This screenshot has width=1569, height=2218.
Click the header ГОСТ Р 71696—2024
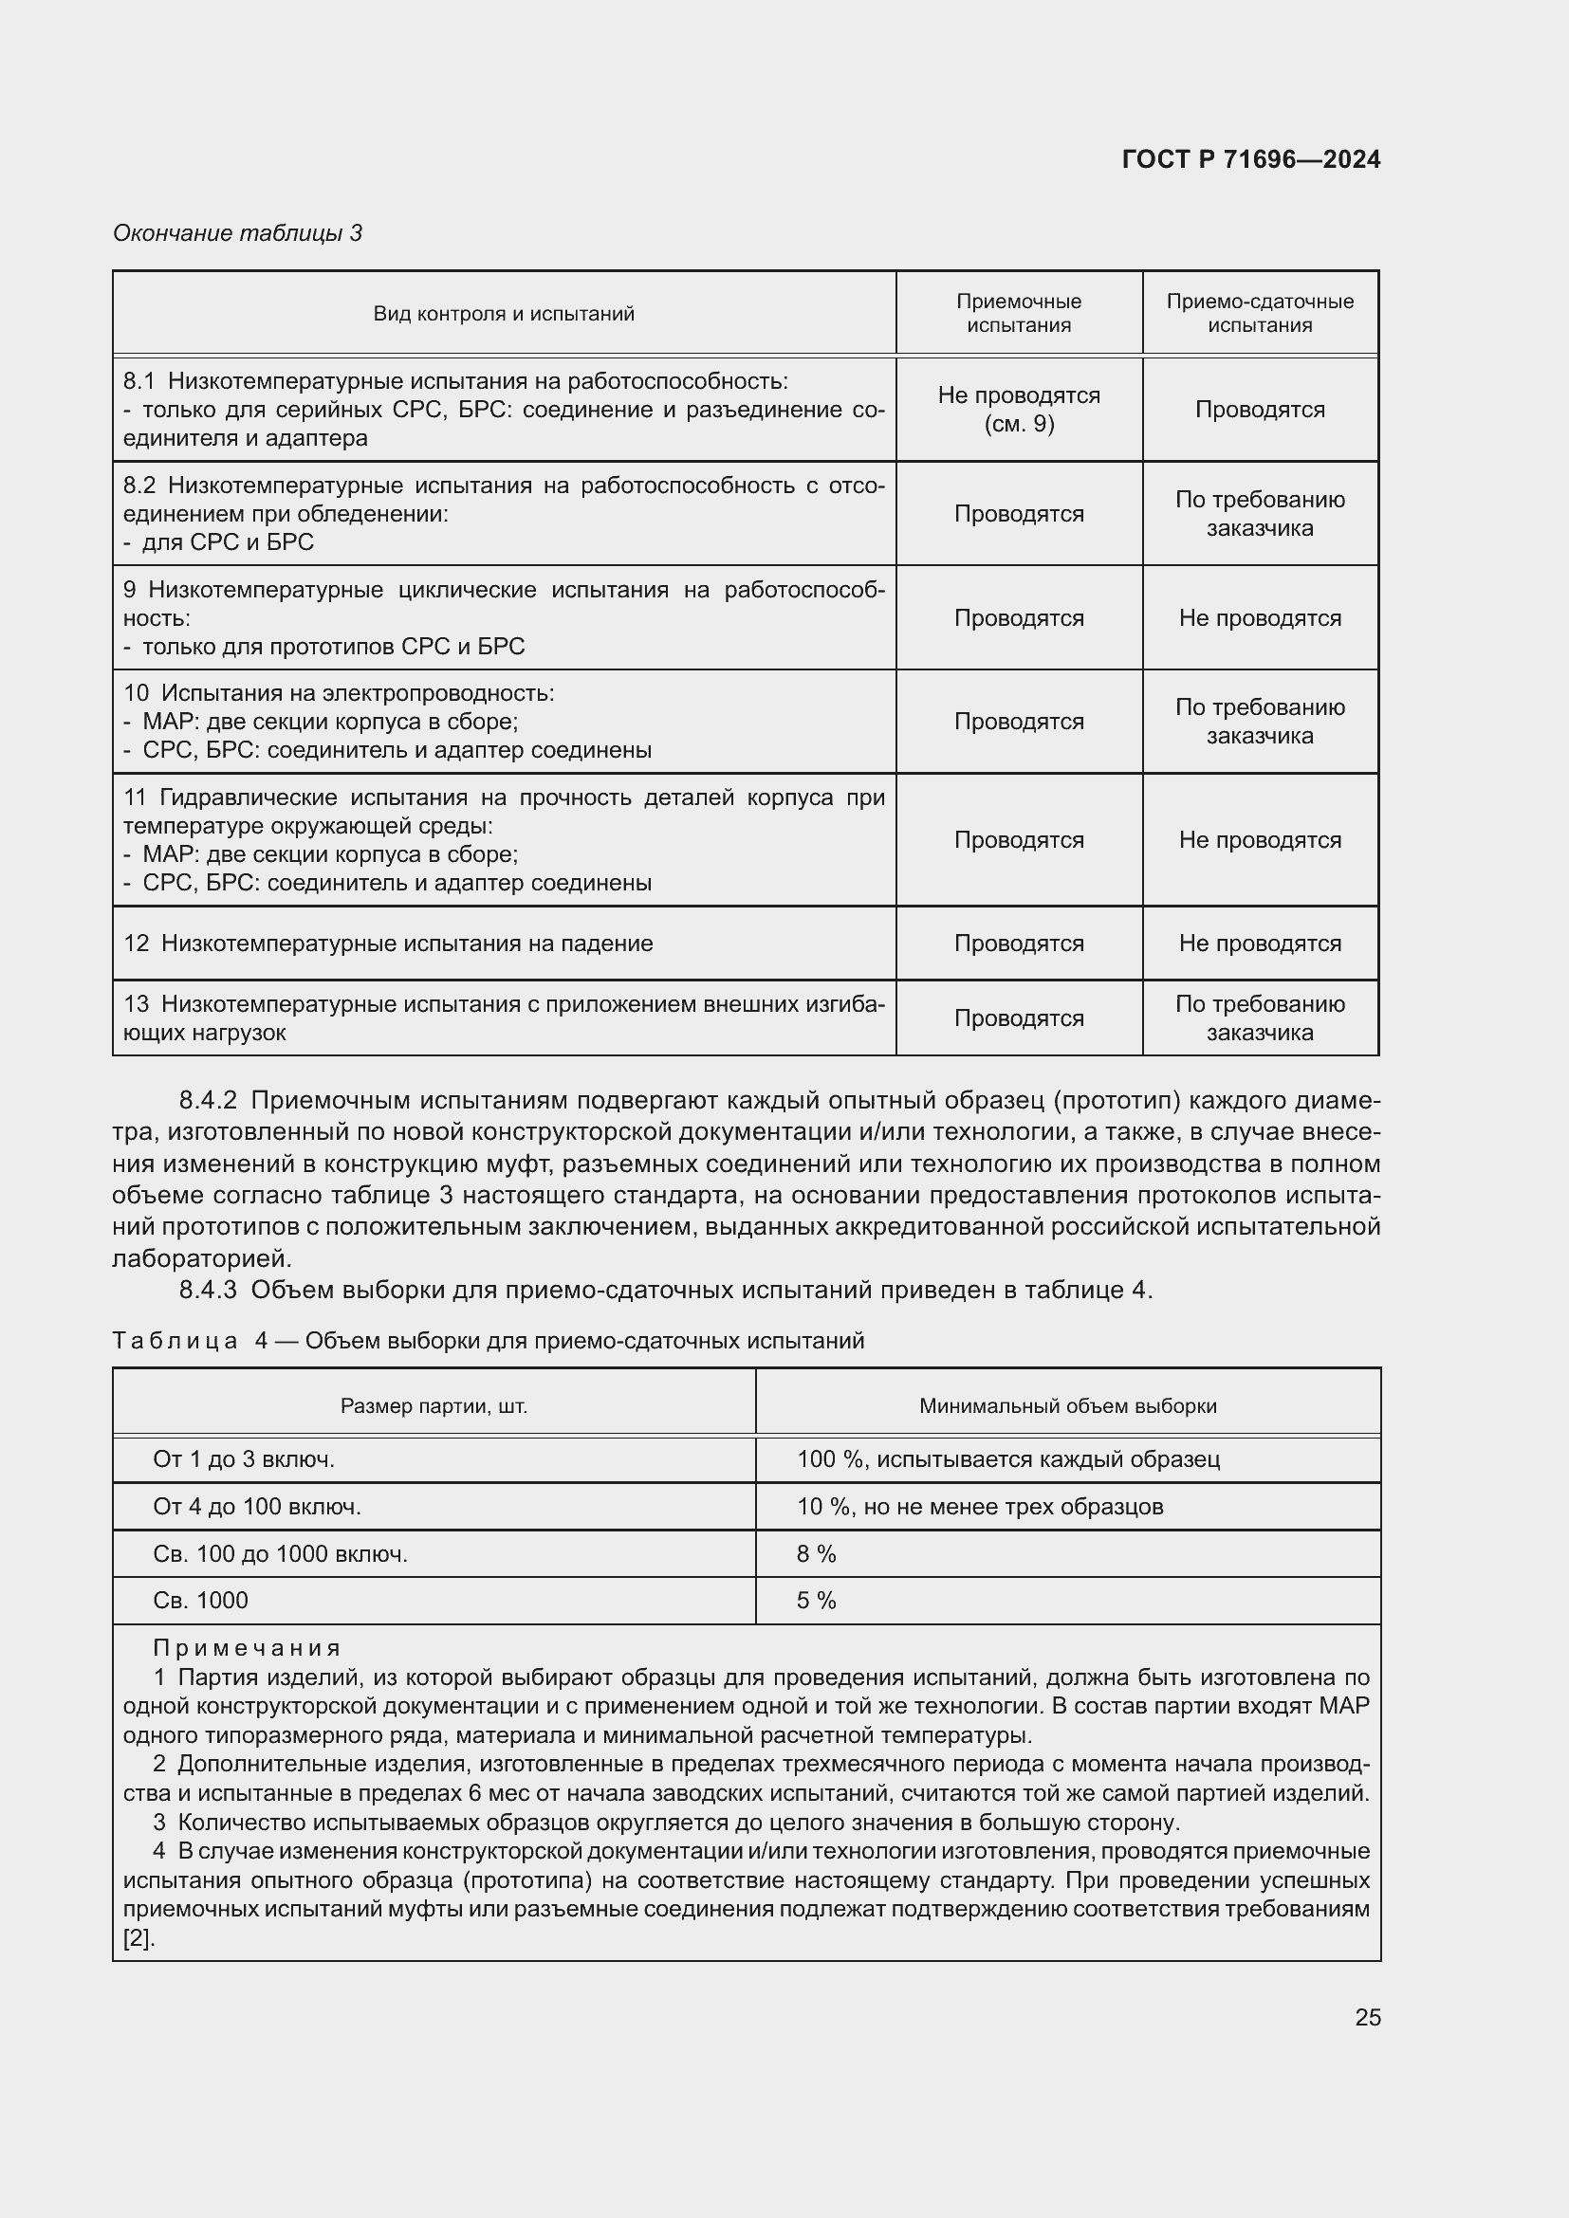[x=1250, y=159]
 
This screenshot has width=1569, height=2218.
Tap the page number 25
[x=1367, y=2017]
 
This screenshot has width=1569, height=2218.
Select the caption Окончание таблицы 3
[x=238, y=233]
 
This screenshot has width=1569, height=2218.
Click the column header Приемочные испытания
[x=1018, y=313]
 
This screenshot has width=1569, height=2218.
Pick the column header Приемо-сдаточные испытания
[x=1259, y=313]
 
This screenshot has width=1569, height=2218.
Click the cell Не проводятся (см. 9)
[x=1018, y=410]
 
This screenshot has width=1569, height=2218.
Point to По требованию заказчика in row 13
[x=1259, y=1018]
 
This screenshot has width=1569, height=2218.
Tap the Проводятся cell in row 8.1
[x=1259, y=410]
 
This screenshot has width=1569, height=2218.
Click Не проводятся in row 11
[x=1259, y=839]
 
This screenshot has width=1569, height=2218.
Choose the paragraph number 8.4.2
[x=208, y=1100]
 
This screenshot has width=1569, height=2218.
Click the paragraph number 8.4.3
[x=208, y=1290]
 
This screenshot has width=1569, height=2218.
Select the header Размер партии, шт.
[x=434, y=1405]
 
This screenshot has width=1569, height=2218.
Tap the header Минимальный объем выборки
[x=1066, y=1405]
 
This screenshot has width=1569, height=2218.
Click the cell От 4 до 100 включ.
[x=257, y=1507]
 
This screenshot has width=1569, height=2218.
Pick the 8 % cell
[x=817, y=1554]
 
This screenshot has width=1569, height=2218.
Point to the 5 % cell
[x=817, y=1601]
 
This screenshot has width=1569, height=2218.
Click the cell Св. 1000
[x=201, y=1601]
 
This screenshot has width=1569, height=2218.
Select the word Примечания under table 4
[x=248, y=1648]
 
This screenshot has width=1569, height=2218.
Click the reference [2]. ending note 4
[x=138, y=1938]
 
